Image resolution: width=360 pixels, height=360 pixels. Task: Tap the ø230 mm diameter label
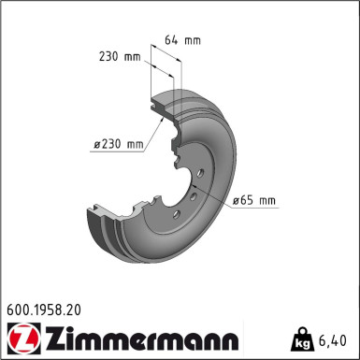pos(118,143)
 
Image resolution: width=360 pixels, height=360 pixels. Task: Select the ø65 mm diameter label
pos(253,200)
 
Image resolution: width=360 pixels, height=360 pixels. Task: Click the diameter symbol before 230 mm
pos(96,144)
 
